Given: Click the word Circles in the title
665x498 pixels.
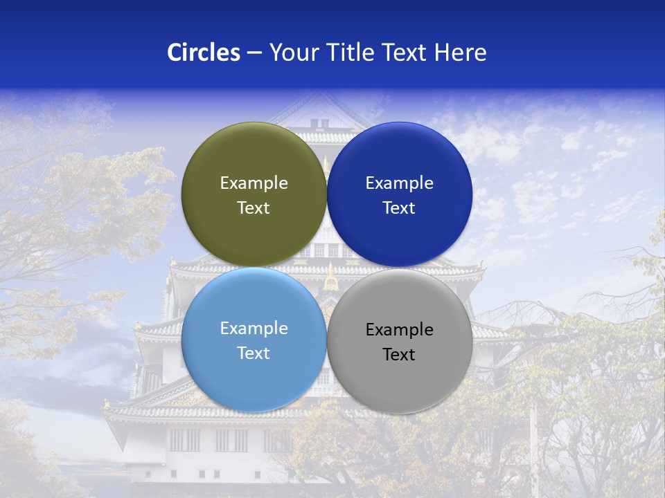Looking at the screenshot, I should (203, 53).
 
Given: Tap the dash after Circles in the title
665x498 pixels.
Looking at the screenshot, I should (254, 53).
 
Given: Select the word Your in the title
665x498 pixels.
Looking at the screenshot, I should (291, 53).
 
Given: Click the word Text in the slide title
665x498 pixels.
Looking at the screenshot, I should (405, 53).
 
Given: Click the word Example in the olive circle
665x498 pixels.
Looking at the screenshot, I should (254, 183).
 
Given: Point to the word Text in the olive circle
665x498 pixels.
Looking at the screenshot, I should (254, 208).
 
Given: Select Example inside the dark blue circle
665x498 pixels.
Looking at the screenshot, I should (399, 183).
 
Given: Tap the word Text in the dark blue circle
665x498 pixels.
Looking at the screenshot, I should (399, 208).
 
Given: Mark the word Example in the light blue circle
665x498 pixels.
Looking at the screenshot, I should (254, 329).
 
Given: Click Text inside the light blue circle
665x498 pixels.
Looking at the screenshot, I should (254, 353).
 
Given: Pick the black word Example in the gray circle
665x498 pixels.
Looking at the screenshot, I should (399, 330).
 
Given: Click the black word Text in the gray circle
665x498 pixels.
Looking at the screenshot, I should (399, 355).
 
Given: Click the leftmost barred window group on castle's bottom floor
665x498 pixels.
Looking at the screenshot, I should (184, 440).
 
